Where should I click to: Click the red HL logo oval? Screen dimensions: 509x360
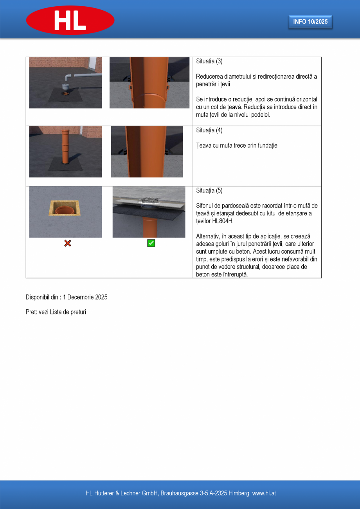point(70,20)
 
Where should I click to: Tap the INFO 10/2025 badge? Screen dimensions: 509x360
point(310,22)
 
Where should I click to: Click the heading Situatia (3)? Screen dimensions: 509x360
point(209,61)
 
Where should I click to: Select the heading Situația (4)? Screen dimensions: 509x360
point(209,130)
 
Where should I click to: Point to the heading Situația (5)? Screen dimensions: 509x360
point(209,191)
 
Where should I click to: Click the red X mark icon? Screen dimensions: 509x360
point(67,244)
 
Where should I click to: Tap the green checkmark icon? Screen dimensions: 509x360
point(151,244)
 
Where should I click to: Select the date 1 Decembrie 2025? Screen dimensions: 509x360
point(85,297)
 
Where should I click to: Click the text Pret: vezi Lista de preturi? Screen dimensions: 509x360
point(56,312)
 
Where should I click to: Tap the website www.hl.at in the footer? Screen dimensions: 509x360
point(264,493)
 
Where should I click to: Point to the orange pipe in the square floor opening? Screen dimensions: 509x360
point(65,211)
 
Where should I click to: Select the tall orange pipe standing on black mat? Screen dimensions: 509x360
point(65,147)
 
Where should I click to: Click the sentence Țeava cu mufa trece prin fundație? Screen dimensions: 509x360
point(236,146)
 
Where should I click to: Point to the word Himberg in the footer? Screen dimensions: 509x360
point(239,493)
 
